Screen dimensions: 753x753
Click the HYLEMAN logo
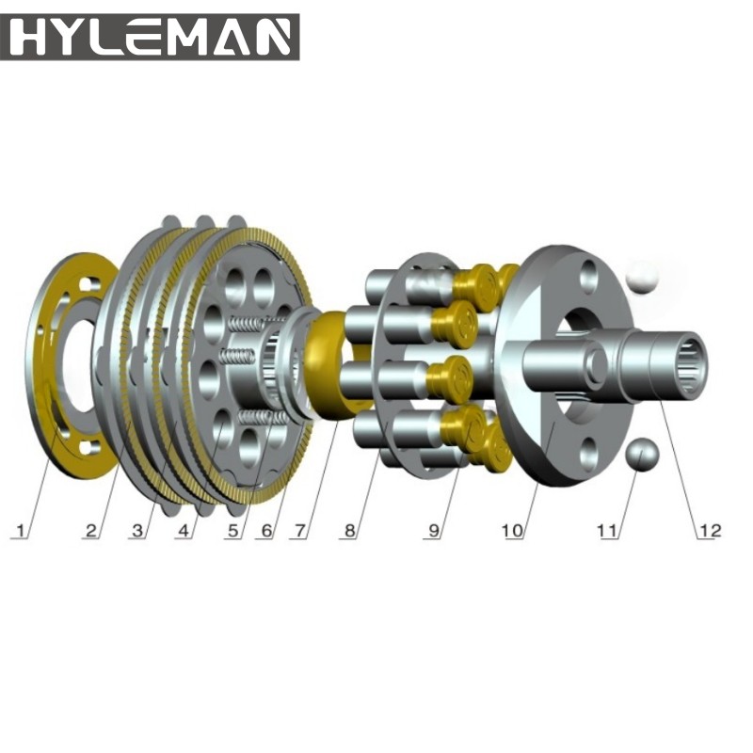[x=150, y=37]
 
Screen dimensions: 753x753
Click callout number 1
[x=20, y=531]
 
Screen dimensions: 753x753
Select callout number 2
[x=91, y=531]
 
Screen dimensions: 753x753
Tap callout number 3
[x=137, y=531]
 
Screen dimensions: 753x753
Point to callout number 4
[x=184, y=531]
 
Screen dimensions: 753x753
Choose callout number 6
[x=266, y=531]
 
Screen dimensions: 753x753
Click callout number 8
[x=349, y=531]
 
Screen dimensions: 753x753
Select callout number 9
[x=434, y=531]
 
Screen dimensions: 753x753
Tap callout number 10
[x=512, y=531]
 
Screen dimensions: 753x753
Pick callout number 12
[x=709, y=531]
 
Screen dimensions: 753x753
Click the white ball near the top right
[x=646, y=276]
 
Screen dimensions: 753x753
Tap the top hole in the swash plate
[x=590, y=276]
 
